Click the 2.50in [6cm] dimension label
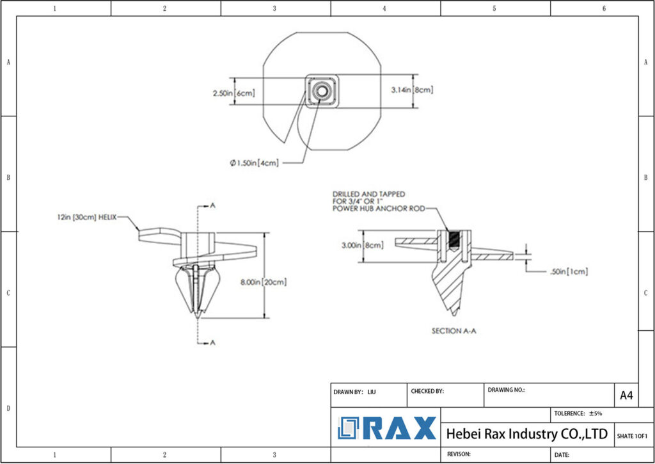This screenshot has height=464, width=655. pyautogui.click(x=233, y=93)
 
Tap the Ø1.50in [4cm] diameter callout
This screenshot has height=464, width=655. pyautogui.click(x=255, y=163)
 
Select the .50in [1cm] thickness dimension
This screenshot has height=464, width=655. pyautogui.click(x=569, y=271)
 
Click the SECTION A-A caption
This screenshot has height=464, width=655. pyautogui.click(x=454, y=331)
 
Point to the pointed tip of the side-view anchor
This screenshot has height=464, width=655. pyautogui.click(x=198, y=316)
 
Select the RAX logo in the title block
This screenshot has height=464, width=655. pyautogui.click(x=388, y=428)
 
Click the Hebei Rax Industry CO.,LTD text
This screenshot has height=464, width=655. pyautogui.click(x=526, y=434)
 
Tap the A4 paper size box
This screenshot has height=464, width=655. pyautogui.click(x=626, y=396)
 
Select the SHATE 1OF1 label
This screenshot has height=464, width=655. pyautogui.click(x=632, y=436)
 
